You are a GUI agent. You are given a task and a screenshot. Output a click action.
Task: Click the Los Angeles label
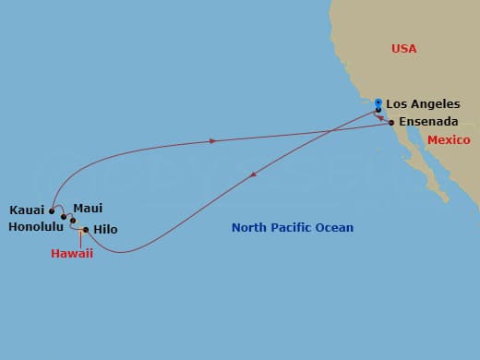[x=422, y=104]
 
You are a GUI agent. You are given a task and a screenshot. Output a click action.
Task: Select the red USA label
[x=404, y=48]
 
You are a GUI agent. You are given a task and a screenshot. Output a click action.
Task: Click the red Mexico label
[x=449, y=140]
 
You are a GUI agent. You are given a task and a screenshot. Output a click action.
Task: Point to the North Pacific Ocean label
[x=292, y=228]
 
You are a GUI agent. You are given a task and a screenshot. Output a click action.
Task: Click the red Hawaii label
[x=72, y=254]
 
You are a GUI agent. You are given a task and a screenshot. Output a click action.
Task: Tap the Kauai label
[x=27, y=210]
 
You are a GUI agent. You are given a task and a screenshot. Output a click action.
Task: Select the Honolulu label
[x=32, y=225]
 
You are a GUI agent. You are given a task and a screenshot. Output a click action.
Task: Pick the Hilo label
[x=105, y=229]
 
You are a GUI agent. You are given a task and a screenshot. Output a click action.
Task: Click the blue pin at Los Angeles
[x=378, y=102]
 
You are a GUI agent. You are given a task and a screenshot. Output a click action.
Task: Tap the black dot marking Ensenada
[x=391, y=123]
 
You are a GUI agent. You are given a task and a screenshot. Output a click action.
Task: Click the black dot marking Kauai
[x=52, y=210]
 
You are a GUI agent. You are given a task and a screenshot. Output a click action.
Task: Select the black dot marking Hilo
[x=86, y=230]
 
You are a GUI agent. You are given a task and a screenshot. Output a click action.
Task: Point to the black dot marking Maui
[x=73, y=220]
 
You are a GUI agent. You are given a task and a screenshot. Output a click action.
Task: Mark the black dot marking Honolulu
[x=64, y=217]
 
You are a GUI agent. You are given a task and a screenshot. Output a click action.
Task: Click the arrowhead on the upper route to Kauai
[x=214, y=141]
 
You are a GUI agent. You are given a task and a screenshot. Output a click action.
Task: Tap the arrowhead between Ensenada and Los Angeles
[x=382, y=118]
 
